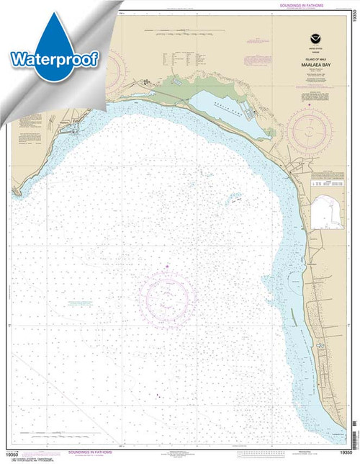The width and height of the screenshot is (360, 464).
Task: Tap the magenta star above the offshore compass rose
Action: coord(167,268)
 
